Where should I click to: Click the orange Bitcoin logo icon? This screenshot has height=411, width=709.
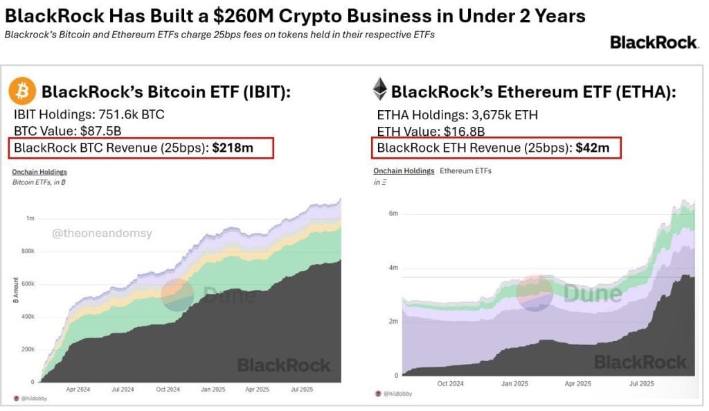pyautogui.click(x=23, y=91)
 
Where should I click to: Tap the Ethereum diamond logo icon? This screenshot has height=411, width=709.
pyautogui.click(x=379, y=89)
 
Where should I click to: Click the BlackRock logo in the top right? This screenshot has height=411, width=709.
pyautogui.click(x=654, y=42)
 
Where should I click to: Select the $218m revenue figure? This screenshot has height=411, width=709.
pyautogui.click(x=233, y=147)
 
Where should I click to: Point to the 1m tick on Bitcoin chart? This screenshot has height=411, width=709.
pyautogui.click(x=30, y=218)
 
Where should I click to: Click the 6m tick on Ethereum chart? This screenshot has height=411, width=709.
pyautogui.click(x=393, y=213)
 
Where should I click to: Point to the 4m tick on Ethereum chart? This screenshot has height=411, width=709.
pyautogui.click(x=393, y=268)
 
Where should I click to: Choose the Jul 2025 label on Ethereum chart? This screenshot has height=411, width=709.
pyautogui.click(x=641, y=383)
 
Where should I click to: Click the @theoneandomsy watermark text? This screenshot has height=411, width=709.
pyautogui.click(x=102, y=234)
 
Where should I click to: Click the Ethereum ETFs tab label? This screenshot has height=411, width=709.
pyautogui.click(x=465, y=170)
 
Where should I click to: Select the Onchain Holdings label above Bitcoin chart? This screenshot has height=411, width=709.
pyautogui.click(x=39, y=172)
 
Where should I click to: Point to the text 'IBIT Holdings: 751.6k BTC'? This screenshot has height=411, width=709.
pyautogui.click(x=89, y=115)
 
